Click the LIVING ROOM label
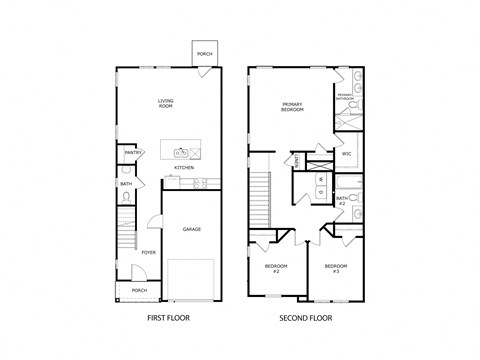[166, 102]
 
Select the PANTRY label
[130, 153]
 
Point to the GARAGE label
[191, 229]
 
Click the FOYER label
[147, 252]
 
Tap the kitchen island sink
[181, 153]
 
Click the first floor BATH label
[126, 184]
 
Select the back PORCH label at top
[204, 54]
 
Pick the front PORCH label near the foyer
[139, 290]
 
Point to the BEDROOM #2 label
[276, 267]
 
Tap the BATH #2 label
[341, 200]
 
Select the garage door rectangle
[190, 277]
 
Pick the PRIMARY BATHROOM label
[344, 96]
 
